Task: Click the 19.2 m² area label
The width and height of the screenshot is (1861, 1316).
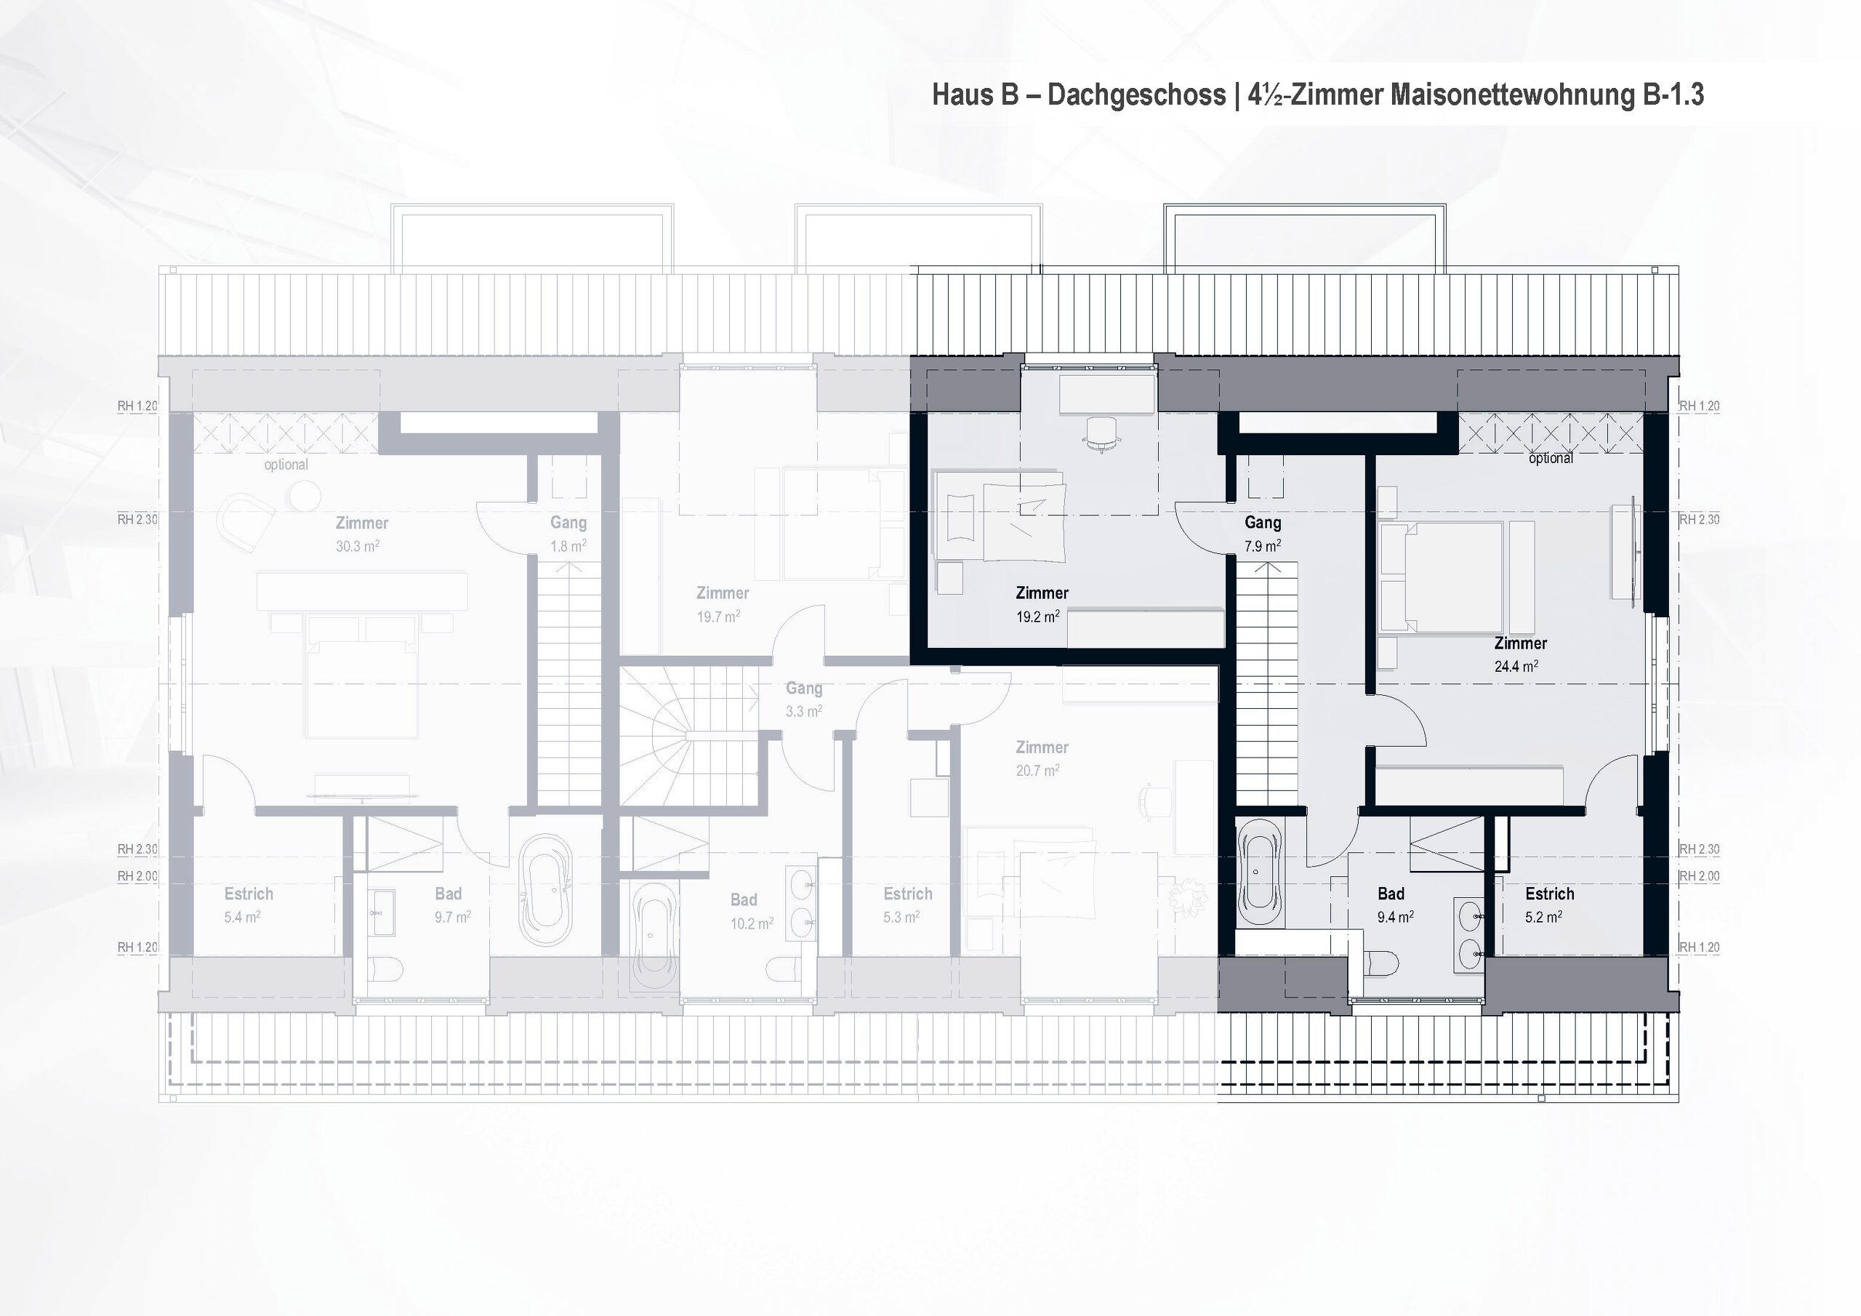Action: pos(1037,617)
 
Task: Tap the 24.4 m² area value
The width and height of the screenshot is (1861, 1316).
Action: pos(1516,667)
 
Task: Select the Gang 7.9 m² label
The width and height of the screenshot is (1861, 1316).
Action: pos(1263,534)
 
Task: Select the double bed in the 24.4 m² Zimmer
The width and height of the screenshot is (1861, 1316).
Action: pos(1441,577)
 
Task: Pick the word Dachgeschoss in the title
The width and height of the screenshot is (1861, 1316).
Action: pos(1136,95)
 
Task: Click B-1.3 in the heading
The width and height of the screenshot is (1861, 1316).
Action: pos(1673,95)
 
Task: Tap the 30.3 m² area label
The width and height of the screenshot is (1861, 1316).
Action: pos(358,547)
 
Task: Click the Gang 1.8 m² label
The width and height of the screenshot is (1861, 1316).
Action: pos(568,534)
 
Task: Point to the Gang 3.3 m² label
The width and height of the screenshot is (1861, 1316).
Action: pos(804,699)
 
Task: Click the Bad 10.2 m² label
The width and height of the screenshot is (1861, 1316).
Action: pos(750,910)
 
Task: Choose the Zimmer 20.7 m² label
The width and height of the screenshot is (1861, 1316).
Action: pos(1042,758)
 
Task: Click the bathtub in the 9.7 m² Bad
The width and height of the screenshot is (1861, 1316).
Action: pos(546,889)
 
